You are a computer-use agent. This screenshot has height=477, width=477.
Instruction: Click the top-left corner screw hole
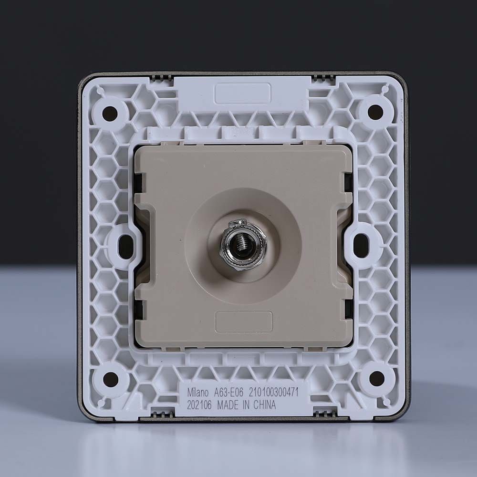pos(110,113)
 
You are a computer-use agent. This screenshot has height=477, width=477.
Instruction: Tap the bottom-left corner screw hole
pos(111,379)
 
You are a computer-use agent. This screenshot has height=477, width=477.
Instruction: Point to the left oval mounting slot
pos(124,246)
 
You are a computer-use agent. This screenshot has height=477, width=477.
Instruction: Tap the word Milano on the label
pos(198,393)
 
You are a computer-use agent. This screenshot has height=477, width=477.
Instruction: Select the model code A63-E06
pos(229,393)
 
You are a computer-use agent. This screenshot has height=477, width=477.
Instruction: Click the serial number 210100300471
pos(274,392)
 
